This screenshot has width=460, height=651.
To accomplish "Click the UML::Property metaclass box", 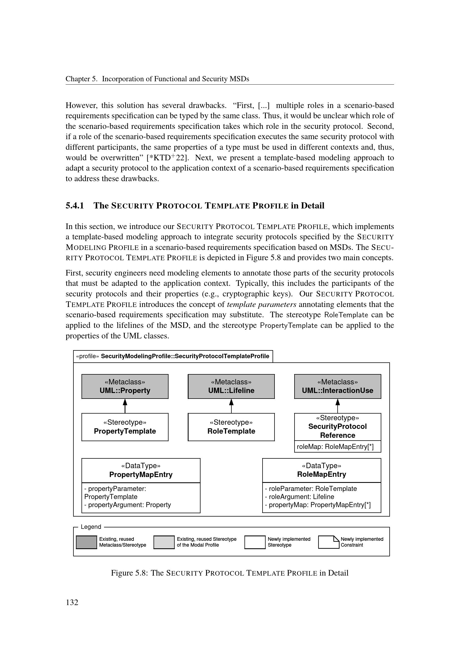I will tap(125, 386).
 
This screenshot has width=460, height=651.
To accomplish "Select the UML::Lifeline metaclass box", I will tap(231, 386).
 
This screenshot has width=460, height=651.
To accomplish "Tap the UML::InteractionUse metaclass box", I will tap(337, 386).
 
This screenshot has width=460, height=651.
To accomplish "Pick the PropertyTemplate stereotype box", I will tap(125, 427).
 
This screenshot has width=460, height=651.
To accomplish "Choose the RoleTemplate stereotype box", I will tap(231, 427).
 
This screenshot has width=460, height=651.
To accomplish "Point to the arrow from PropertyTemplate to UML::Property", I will tap(125, 406).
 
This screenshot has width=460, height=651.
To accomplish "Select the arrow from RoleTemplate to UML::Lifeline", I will tap(231, 406).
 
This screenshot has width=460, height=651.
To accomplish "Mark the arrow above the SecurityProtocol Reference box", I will tap(337, 406).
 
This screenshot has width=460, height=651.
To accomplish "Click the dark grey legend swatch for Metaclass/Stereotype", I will tap(86, 542).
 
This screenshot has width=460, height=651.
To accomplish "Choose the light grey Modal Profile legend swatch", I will tap(164, 542).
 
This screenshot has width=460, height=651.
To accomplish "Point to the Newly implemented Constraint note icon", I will tap(328, 542).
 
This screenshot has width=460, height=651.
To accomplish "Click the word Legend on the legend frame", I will tap(91, 527).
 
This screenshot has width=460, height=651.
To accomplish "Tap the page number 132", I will tap(72, 602).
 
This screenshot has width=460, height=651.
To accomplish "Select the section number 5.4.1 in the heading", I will tap(75, 206).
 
